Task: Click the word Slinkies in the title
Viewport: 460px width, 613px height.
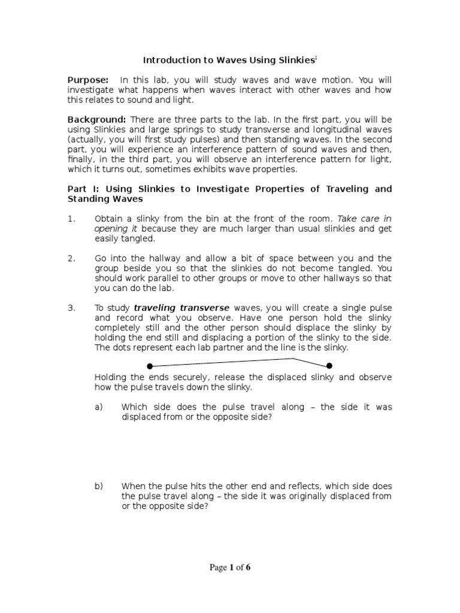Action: click(296, 60)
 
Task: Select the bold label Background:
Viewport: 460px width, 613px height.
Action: click(96, 119)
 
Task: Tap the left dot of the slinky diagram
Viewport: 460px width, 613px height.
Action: click(150, 366)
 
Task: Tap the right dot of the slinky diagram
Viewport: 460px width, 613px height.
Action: click(329, 365)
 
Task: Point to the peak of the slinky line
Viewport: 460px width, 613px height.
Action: click(293, 359)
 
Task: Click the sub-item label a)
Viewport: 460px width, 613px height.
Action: click(99, 407)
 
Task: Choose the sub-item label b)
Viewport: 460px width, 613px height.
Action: click(99, 486)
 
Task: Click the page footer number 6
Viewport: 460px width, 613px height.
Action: click(248, 568)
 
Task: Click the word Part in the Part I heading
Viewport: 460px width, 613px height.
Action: click(77, 189)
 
